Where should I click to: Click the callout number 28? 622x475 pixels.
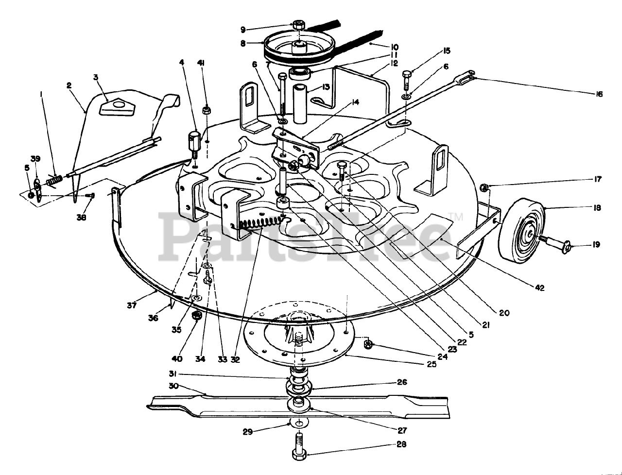click(x=401, y=444)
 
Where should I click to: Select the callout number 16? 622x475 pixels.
click(x=599, y=94)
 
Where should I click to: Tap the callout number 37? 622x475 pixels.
click(x=132, y=305)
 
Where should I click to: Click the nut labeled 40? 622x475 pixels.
click(x=197, y=316)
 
